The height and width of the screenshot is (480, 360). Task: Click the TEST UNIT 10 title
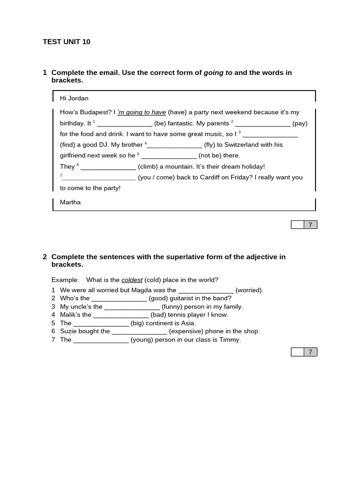(x=67, y=42)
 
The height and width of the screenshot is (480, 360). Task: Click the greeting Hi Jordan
(x=74, y=98)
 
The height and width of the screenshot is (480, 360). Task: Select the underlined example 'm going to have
(x=142, y=112)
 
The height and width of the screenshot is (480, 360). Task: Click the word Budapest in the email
(x=96, y=112)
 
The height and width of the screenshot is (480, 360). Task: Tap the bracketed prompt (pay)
(x=300, y=123)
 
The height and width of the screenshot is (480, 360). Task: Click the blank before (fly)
(x=175, y=145)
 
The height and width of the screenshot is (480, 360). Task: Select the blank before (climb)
(x=108, y=167)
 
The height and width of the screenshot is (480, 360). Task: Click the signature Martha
(x=70, y=202)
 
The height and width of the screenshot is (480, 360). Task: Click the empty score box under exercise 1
(x=297, y=225)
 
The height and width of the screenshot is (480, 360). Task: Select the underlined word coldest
(x=132, y=280)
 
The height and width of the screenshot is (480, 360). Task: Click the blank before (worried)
(x=206, y=291)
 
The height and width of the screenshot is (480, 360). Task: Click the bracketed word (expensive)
(x=188, y=331)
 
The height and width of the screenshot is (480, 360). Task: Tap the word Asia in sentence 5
(x=188, y=323)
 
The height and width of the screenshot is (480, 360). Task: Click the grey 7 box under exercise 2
(x=310, y=352)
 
